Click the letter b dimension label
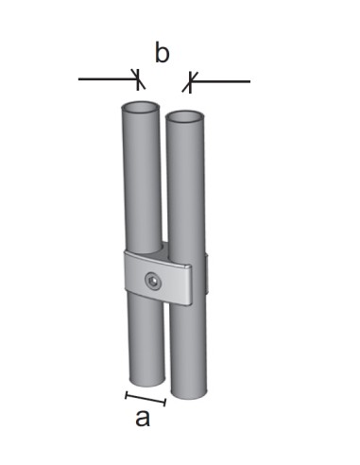point(162,54)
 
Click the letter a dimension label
point(143,417)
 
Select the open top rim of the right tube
point(185,117)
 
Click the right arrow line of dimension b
point(223,82)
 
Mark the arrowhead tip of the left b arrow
point(139,79)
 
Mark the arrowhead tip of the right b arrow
point(187,82)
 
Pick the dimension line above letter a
point(146,398)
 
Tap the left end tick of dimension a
point(127,393)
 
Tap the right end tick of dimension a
point(165,403)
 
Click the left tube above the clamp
point(143,180)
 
